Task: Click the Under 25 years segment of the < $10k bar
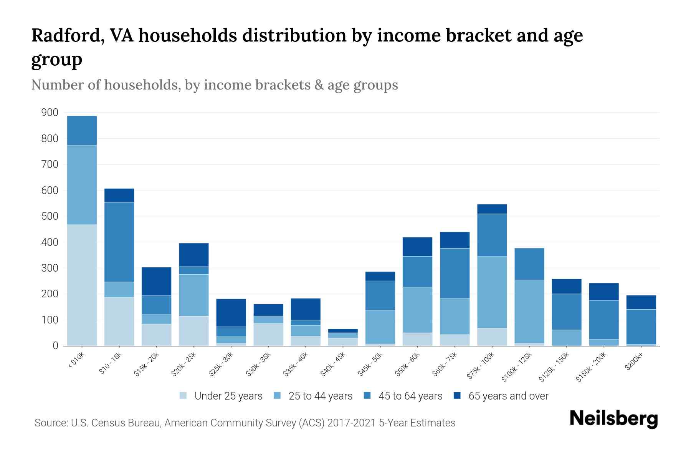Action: pyautogui.click(x=82, y=285)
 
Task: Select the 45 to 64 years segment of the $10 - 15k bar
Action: pyautogui.click(x=119, y=242)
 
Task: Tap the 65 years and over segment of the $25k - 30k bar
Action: pyautogui.click(x=231, y=313)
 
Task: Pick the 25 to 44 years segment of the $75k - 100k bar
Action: pyautogui.click(x=492, y=292)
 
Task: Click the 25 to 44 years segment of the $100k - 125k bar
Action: pyautogui.click(x=529, y=311)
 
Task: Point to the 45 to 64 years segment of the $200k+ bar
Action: pyautogui.click(x=641, y=327)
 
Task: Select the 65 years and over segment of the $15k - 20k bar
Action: pyautogui.click(x=156, y=281)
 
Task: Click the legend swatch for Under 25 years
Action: pyautogui.click(x=183, y=395)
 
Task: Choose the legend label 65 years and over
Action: pyautogui.click(x=508, y=396)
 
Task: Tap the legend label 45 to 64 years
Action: pyautogui.click(x=410, y=396)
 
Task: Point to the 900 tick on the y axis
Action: pyautogui.click(x=50, y=113)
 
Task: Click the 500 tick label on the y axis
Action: pyautogui.click(x=50, y=216)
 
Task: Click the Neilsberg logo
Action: pyautogui.click(x=613, y=419)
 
